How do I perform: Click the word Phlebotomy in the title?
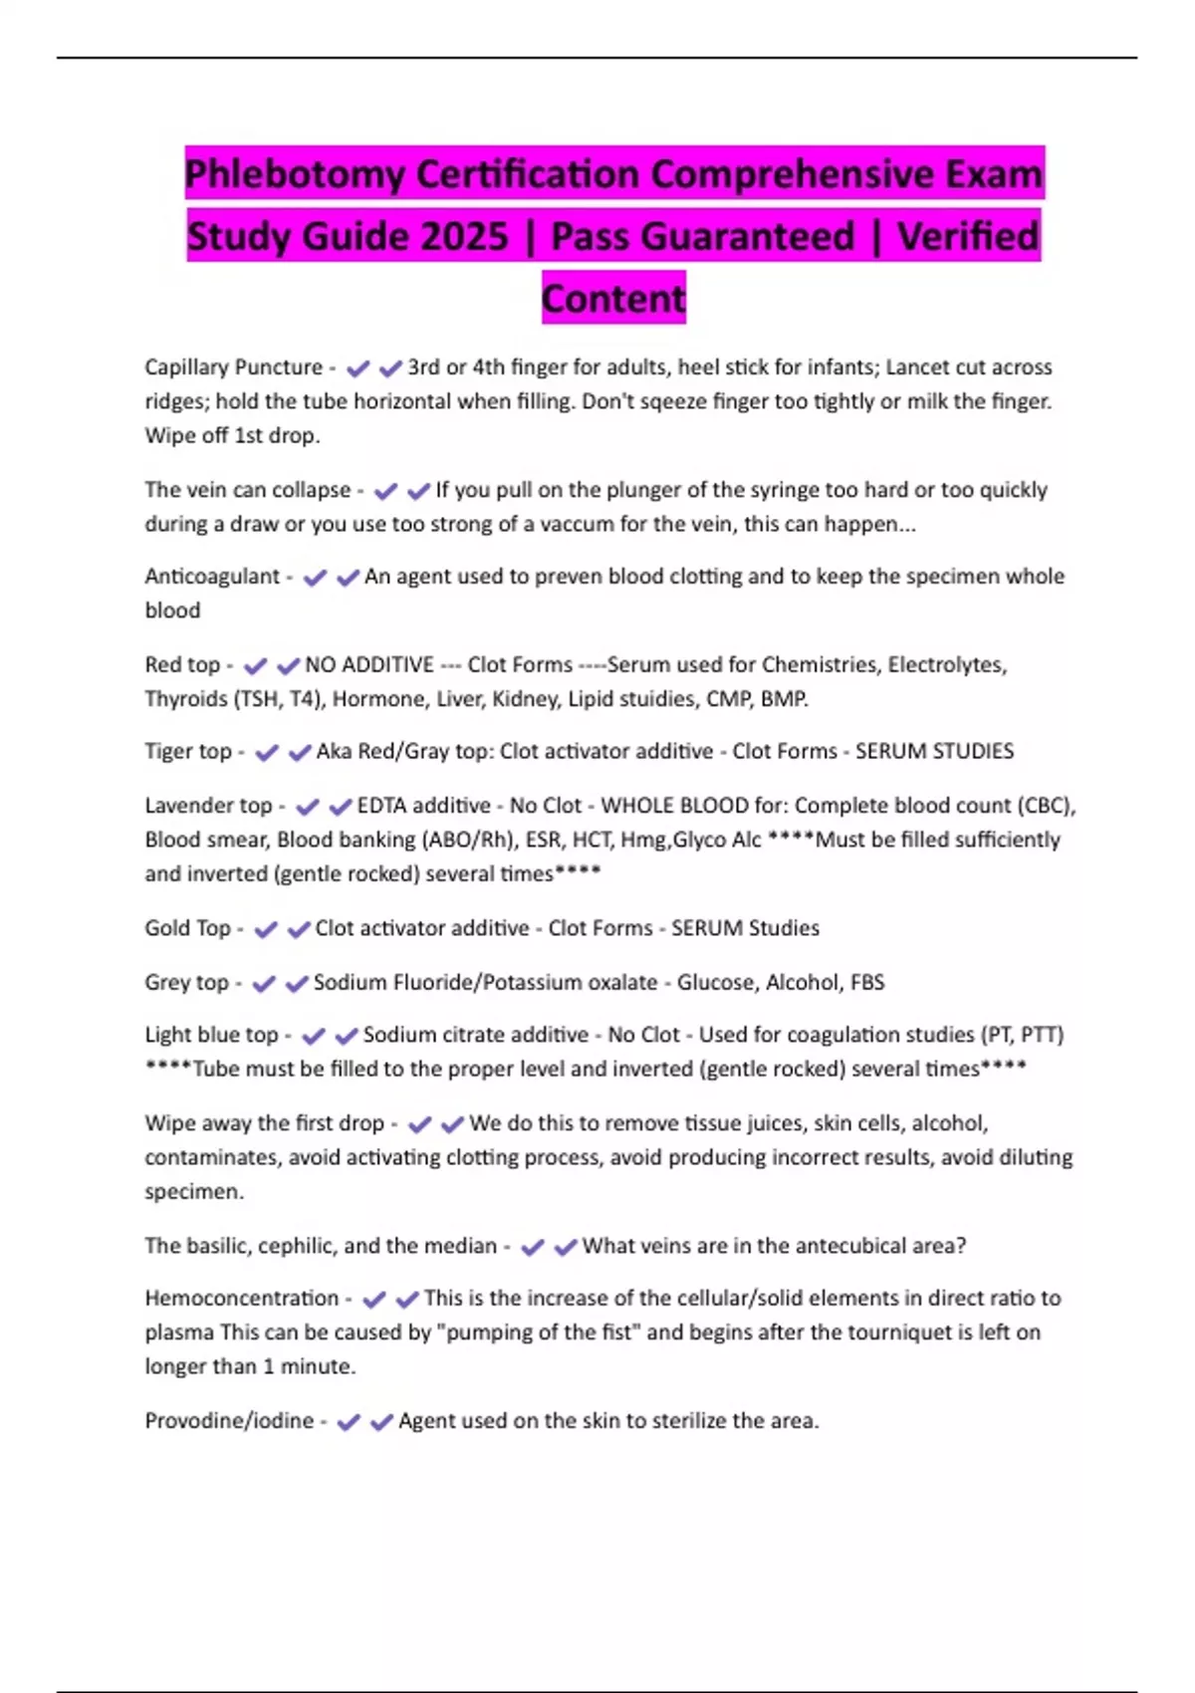point(294,175)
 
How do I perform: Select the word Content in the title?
point(613,298)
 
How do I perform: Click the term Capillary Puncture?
point(233,367)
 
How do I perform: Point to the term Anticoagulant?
point(212,577)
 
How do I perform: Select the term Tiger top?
point(188,751)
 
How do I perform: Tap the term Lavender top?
point(208,805)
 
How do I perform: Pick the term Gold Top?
point(187,928)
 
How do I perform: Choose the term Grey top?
point(186,982)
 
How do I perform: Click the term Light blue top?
point(211,1035)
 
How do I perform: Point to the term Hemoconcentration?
point(242,1299)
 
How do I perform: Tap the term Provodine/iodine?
point(229,1421)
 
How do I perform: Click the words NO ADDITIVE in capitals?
point(369,664)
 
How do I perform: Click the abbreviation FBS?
point(867,982)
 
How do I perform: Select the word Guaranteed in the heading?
point(702,237)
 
